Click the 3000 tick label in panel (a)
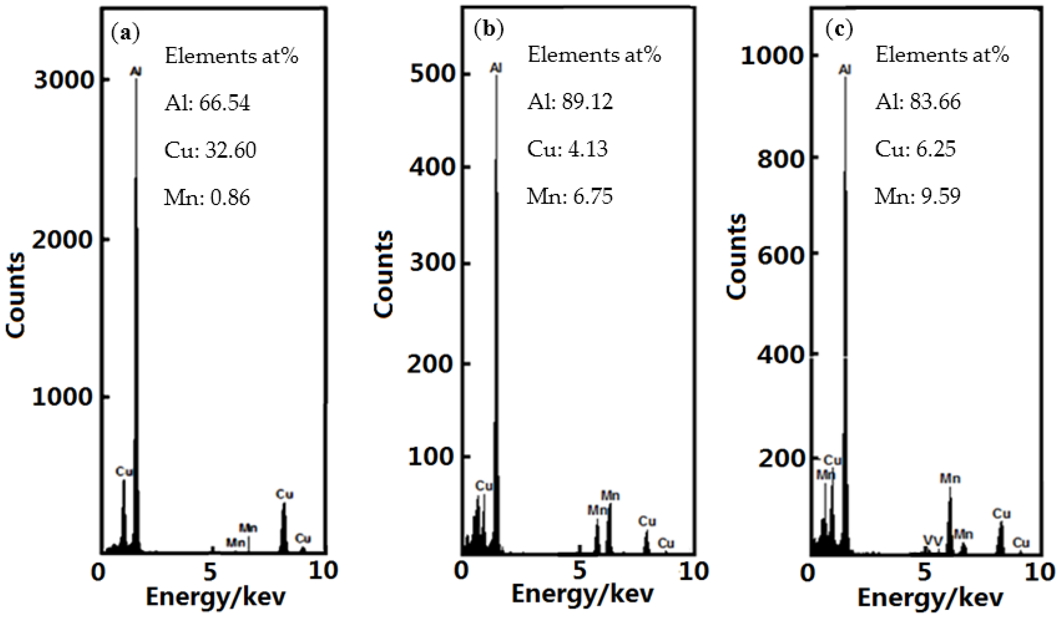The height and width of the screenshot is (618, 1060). coord(63,80)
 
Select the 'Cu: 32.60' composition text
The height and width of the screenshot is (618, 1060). coord(210,150)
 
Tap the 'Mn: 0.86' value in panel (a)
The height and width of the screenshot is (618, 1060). coord(207,197)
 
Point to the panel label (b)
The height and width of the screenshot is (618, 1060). coord(488,30)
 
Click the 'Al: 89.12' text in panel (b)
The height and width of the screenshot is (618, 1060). coord(570,102)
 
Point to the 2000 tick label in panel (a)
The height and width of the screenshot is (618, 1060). coord(62,240)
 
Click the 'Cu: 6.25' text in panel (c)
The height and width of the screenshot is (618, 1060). coord(916,149)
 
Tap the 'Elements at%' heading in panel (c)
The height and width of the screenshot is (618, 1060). coord(942,55)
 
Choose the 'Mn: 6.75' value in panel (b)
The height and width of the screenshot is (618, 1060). coord(570,196)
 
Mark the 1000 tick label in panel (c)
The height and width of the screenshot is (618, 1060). coord(772,56)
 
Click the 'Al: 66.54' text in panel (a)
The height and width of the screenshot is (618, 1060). coord(207,103)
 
